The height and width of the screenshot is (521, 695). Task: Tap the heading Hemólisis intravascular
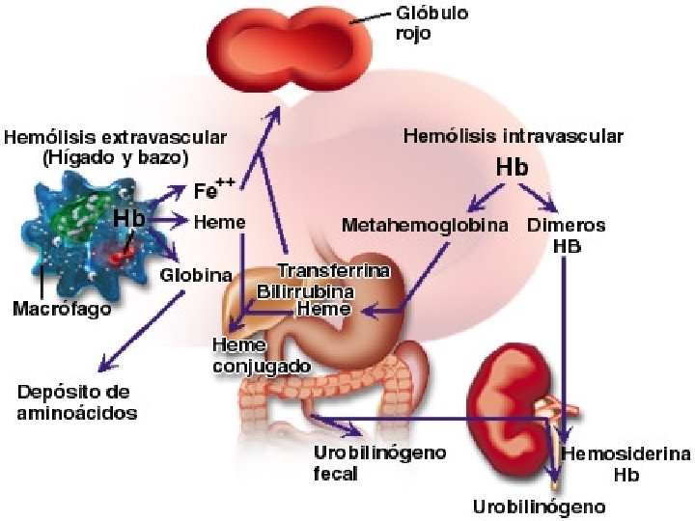pyautogui.click(x=512, y=136)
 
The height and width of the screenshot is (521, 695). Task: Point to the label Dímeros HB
pyautogui.click(x=567, y=234)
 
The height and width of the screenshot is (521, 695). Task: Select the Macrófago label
pyautogui.click(x=62, y=310)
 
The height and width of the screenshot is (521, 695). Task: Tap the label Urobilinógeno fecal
pyautogui.click(x=378, y=463)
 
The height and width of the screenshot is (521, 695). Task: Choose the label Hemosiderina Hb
pyautogui.click(x=625, y=463)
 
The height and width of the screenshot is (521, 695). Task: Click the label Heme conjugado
pyautogui.click(x=261, y=355)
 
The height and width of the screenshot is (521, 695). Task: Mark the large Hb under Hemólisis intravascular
pyautogui.click(x=512, y=167)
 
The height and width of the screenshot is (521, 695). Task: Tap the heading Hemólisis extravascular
pyautogui.click(x=116, y=147)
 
